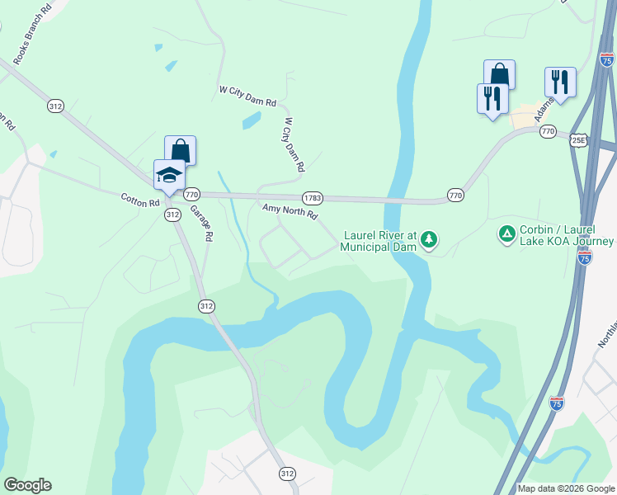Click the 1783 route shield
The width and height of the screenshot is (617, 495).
pos(312,198)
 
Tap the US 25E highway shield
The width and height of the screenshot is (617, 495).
pos(580,140)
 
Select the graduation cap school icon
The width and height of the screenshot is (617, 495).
pos(169,176)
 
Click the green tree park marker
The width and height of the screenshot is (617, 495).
pos(428,240)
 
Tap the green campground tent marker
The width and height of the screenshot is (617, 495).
pos(506,235)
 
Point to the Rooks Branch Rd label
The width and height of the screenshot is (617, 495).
pos(32,33)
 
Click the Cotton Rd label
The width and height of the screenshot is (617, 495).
pos(139,200)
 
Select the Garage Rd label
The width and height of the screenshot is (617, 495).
pos(202,223)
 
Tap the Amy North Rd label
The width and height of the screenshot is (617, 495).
pos(290,213)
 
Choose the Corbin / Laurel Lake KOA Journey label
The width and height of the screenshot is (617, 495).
pos(567,235)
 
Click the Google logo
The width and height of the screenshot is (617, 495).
pos(26,485)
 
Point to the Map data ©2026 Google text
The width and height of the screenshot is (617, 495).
pos(566,488)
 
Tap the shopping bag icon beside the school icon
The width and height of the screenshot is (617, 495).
pos(181,151)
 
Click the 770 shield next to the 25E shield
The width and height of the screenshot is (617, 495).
pos(549,131)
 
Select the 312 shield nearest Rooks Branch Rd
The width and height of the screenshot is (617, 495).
pos(55,106)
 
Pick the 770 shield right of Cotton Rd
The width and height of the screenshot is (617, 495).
pos(191,195)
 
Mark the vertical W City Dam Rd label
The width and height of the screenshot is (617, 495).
pos(294,144)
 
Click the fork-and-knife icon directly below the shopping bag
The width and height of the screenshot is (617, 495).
pos(492,99)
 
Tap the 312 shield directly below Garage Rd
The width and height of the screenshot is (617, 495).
pos(206,306)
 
